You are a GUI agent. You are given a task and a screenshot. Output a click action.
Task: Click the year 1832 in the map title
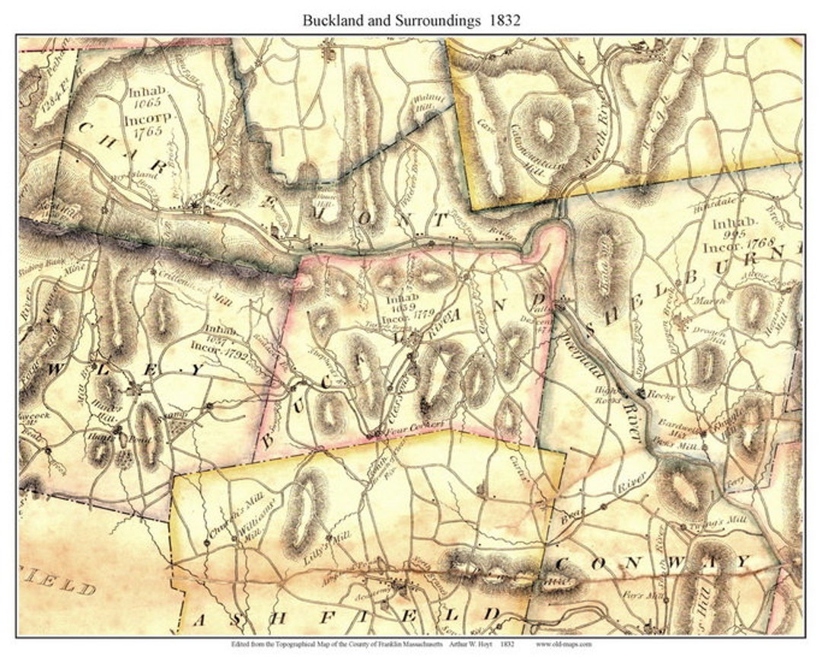coord(505,21)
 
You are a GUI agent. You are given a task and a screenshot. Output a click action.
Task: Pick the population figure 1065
coord(145,100)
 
